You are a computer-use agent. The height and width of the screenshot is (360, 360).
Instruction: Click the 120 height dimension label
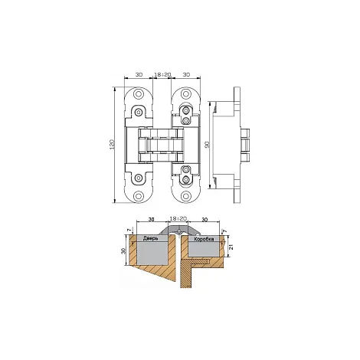(113, 145)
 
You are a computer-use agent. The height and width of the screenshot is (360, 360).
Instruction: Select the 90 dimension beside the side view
(208, 145)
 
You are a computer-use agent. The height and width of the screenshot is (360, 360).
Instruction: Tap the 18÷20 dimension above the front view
(162, 74)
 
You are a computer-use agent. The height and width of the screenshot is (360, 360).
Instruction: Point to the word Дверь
(151, 238)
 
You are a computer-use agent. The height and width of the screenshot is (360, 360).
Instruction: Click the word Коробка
(204, 239)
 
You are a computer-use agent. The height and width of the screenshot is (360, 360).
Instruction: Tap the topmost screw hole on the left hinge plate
(139, 94)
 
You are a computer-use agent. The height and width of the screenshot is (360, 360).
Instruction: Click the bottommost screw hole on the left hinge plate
(139, 196)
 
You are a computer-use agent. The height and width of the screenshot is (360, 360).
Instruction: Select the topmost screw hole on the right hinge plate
(185, 94)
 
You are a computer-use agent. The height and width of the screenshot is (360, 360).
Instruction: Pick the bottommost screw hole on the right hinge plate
(185, 196)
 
